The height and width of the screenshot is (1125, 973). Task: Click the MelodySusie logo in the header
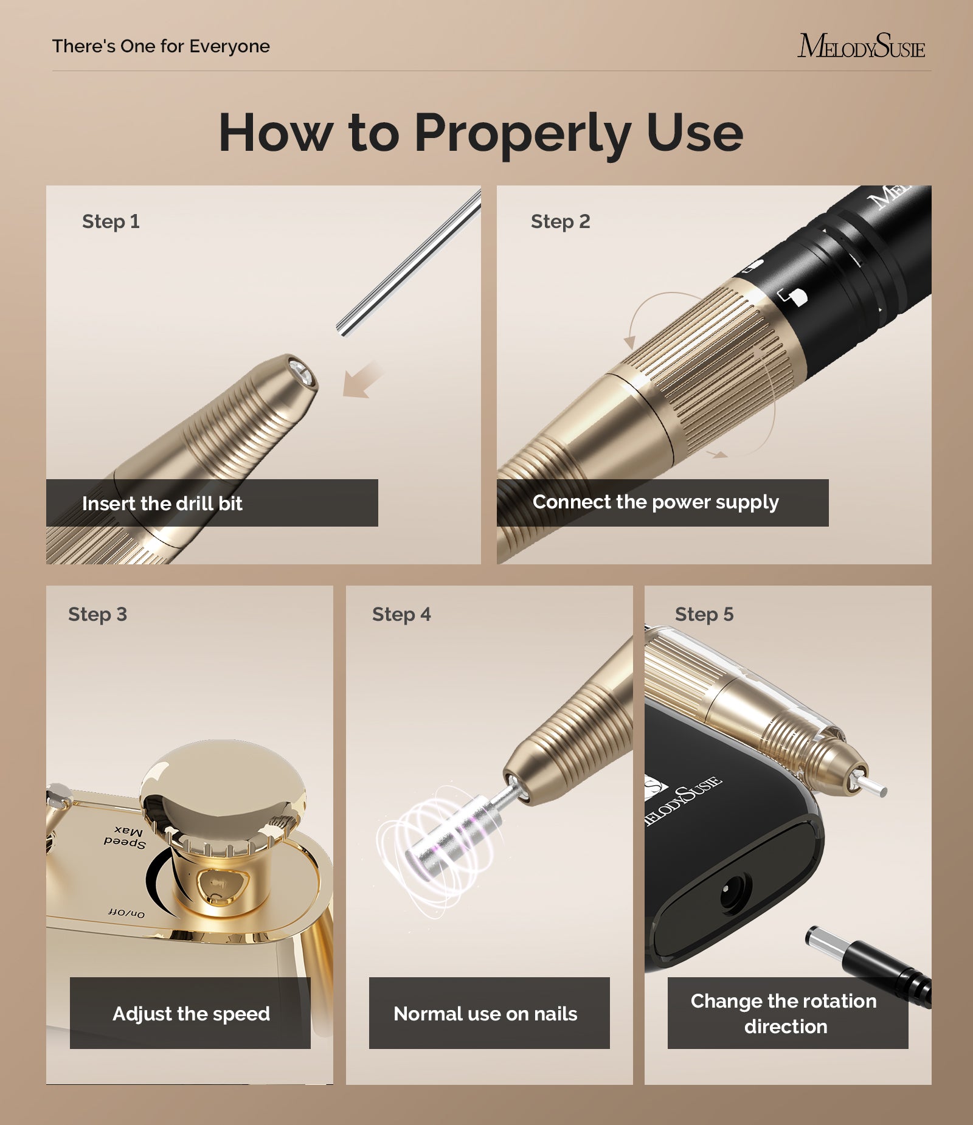coord(861,46)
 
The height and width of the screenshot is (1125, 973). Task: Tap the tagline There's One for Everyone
coord(161,46)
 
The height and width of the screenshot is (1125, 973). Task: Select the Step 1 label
coord(111,221)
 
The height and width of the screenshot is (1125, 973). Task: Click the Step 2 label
coord(560,221)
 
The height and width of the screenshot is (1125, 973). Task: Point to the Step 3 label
coord(97,614)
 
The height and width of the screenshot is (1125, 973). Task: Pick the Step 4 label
coord(401,614)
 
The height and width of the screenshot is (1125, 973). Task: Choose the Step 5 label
coord(704,614)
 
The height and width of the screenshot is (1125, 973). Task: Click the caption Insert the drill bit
coord(162,504)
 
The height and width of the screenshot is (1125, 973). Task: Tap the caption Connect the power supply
coord(656,502)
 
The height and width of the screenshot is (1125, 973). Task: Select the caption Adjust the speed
coord(191,1014)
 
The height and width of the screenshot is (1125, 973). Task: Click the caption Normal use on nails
coord(485,1014)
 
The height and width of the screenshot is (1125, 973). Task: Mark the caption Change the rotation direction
coord(784,1014)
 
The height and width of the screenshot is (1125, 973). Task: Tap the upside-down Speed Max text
coord(125,837)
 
